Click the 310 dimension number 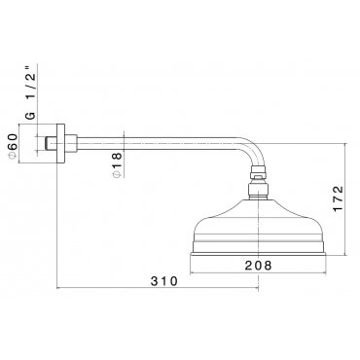164,281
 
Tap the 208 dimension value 258,266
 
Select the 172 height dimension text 338,198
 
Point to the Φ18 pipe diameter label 117,164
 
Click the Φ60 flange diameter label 12,146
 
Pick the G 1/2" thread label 30,92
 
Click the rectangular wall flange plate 61,143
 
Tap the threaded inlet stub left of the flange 51,143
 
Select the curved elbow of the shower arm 256,153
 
